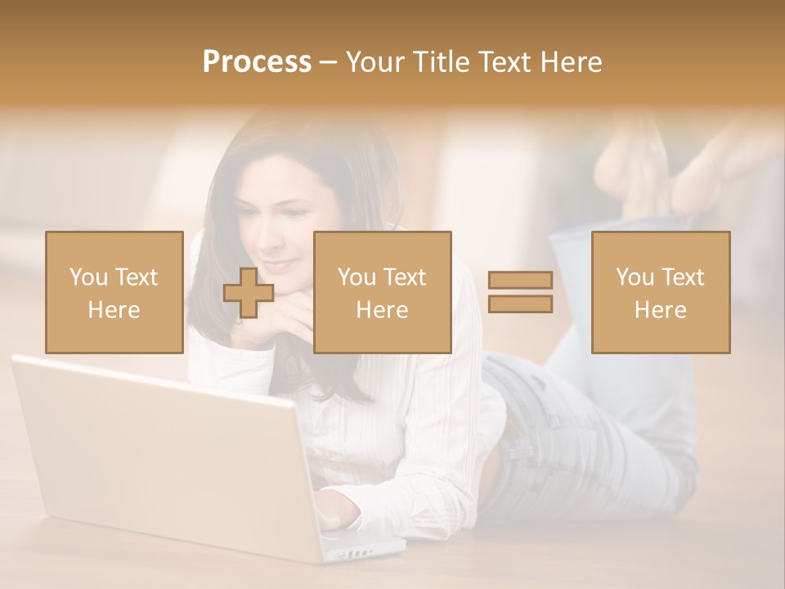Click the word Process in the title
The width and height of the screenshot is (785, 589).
pyautogui.click(x=257, y=62)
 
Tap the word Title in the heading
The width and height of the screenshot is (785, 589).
pyautogui.click(x=439, y=62)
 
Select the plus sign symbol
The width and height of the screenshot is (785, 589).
pyautogui.click(x=249, y=292)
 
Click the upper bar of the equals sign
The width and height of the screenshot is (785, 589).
pyautogui.click(x=520, y=280)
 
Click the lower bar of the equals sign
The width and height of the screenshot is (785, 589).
pyautogui.click(x=520, y=304)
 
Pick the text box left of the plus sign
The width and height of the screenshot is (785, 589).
pyautogui.click(x=114, y=292)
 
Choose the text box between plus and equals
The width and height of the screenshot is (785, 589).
pyautogui.click(x=383, y=292)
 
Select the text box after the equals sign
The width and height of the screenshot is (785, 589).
pyautogui.click(x=661, y=292)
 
